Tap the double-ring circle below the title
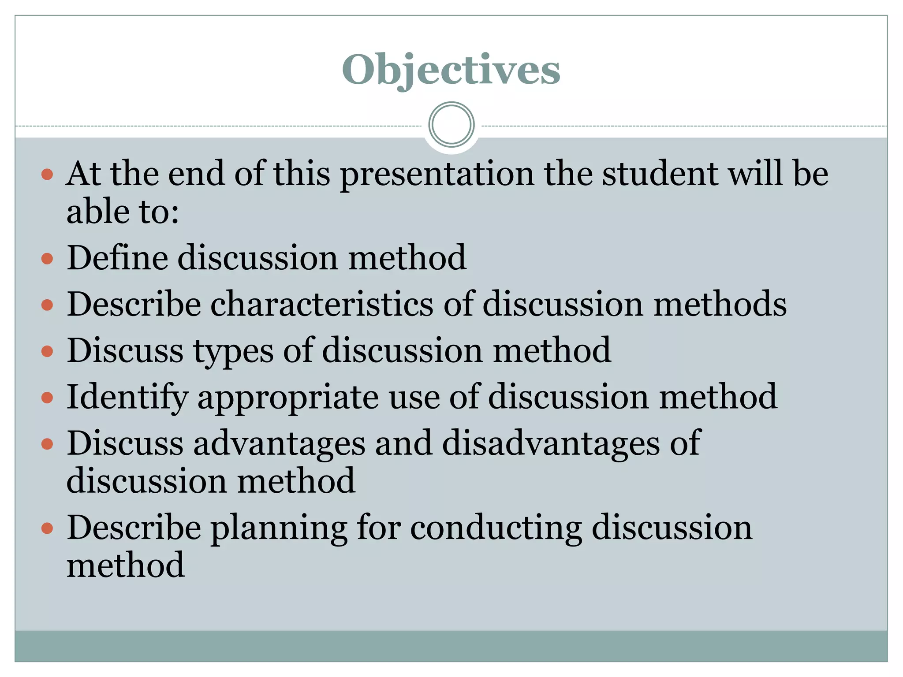[x=451, y=124]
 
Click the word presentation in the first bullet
[x=436, y=174]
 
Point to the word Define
[x=117, y=257]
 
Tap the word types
[x=233, y=352]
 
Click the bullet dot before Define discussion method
[x=47, y=258]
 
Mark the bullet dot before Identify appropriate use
[x=47, y=398]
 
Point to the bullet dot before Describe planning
[x=47, y=528]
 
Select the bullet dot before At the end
[x=47, y=175]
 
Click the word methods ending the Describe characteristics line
[x=720, y=304]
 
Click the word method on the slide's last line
[x=125, y=565]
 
